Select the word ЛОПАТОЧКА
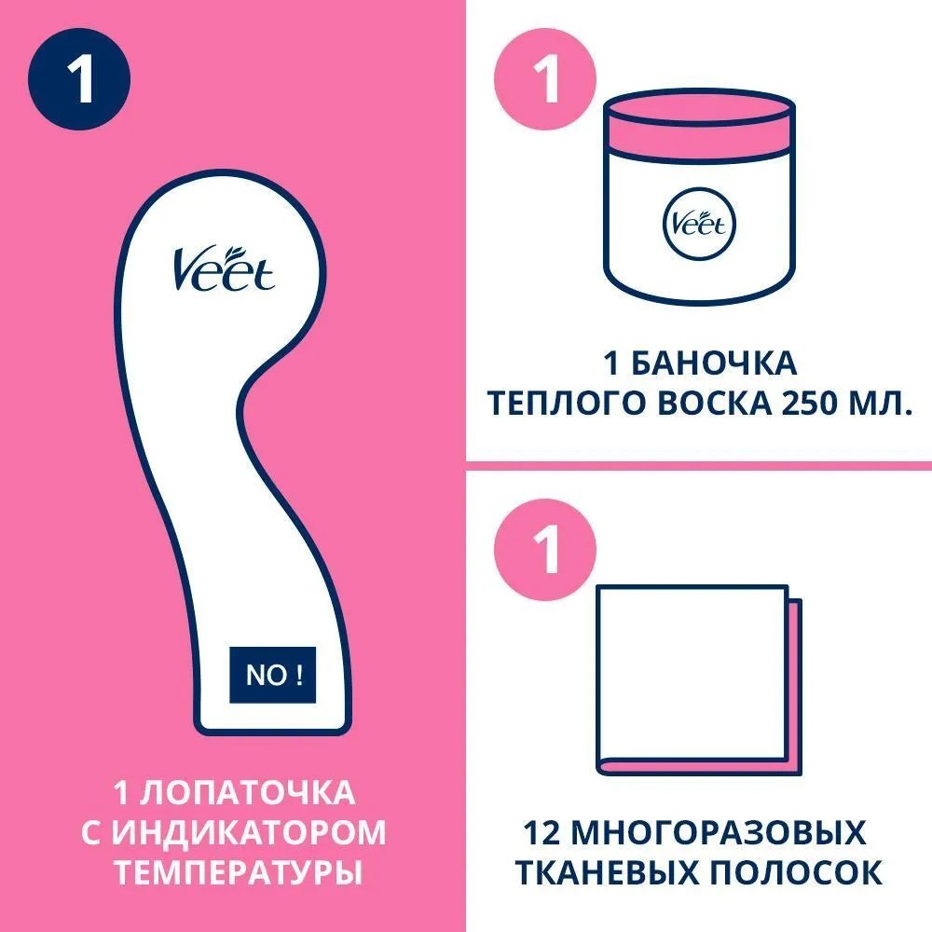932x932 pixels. click(248, 794)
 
